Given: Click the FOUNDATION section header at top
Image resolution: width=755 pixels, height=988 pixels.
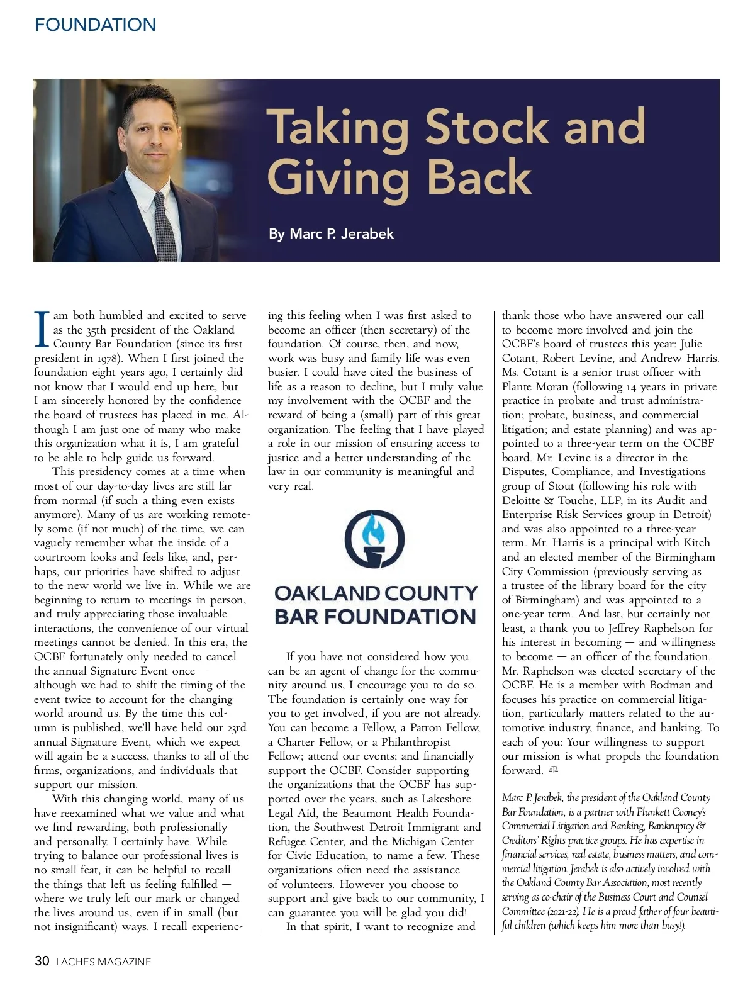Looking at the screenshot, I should point(96,25).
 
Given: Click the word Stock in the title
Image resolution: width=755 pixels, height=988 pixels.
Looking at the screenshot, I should point(487,126).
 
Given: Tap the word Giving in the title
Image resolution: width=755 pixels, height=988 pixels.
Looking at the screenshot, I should point(338,178).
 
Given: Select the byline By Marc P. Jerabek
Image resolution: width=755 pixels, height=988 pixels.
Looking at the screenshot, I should point(331,234).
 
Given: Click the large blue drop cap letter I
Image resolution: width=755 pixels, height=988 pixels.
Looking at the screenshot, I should point(42,328).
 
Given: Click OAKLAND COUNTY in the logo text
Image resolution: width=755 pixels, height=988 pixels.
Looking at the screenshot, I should point(376,593).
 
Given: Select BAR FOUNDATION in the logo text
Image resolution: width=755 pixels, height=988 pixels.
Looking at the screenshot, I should point(375,616).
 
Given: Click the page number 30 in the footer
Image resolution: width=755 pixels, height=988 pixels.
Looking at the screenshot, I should point(42,961).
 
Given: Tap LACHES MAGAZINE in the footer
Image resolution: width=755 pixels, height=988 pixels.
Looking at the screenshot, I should point(104,962).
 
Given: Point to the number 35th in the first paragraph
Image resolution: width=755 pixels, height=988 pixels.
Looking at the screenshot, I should point(98,330).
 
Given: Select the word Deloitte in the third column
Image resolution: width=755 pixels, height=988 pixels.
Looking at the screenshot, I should point(522,501).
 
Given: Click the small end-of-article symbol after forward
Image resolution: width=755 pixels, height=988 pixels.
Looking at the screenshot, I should point(553,770).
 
